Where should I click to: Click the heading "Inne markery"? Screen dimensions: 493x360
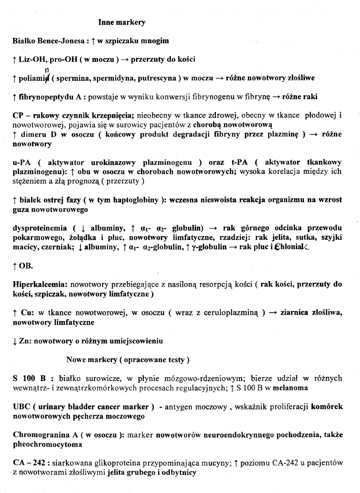[x=122, y=22]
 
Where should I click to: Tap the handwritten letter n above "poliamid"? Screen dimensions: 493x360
[x=47, y=70]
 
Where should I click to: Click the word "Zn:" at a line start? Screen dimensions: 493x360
[x=26, y=341]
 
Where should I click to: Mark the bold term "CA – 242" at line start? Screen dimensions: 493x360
[x=31, y=463]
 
